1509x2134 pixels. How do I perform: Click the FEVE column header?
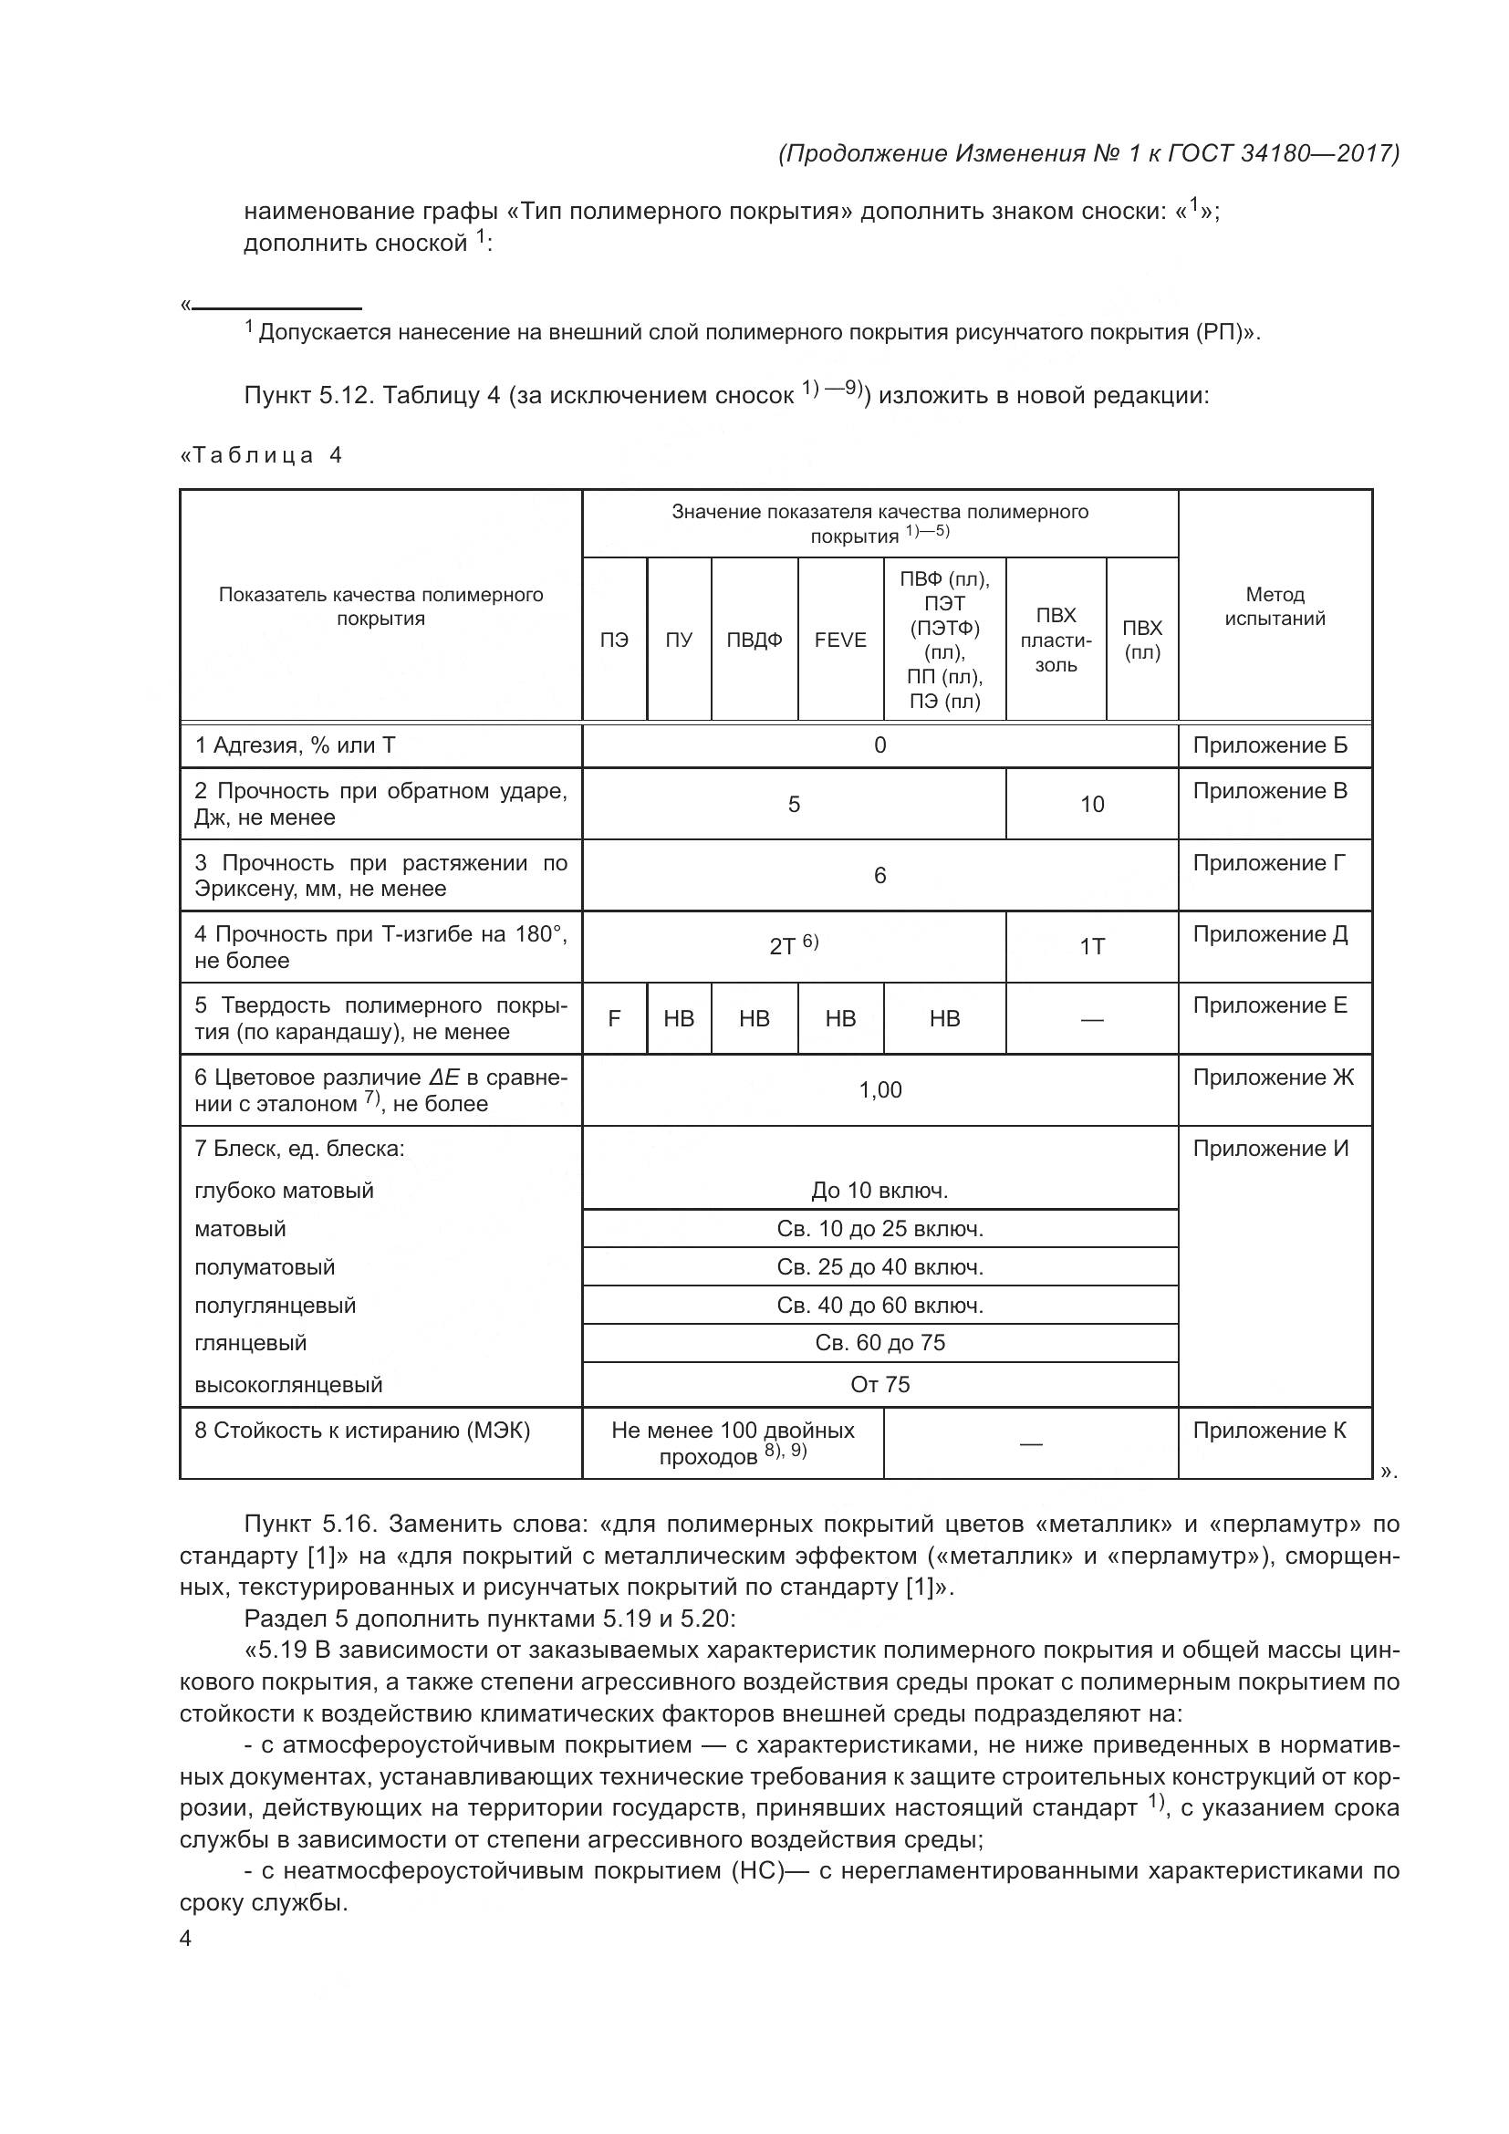(840, 640)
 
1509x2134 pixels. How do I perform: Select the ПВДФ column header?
(754, 640)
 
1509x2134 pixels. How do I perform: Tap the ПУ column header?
(678, 640)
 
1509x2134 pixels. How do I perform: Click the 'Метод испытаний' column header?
(1274, 606)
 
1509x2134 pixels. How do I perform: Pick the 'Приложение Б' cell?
(1269, 745)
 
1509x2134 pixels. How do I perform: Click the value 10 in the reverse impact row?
(1092, 804)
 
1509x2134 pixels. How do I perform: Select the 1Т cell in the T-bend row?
(1092, 946)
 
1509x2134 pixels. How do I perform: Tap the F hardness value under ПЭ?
(614, 1019)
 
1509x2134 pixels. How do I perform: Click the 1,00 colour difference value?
(879, 1089)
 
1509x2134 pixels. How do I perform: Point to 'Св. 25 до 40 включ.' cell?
(879, 1267)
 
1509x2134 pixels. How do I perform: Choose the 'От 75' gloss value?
(879, 1384)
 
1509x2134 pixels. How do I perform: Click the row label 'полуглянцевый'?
(275, 1305)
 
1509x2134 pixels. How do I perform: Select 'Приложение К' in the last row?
(1269, 1430)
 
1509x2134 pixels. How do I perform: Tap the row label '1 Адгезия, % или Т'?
(295, 745)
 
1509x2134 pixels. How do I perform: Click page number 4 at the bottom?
(185, 1939)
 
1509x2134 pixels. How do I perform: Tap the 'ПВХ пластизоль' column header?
(1056, 640)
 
